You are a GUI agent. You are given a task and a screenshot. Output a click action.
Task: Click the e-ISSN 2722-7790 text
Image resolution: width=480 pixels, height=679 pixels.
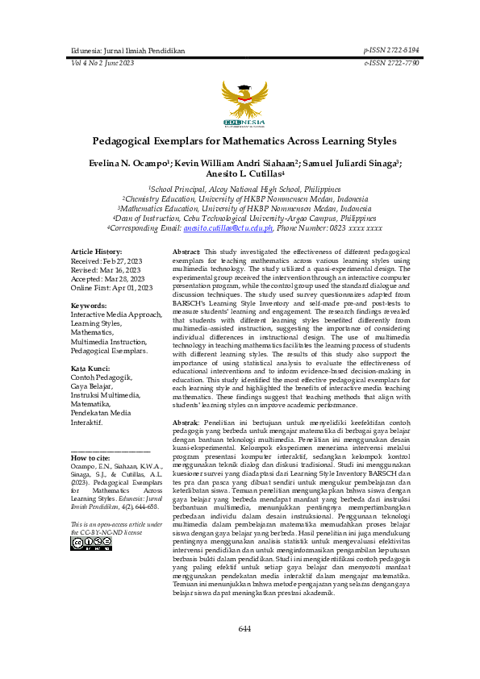pyautogui.click(x=391, y=62)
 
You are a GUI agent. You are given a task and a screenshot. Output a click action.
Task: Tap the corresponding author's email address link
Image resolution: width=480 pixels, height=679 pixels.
pyautogui.click(x=228, y=228)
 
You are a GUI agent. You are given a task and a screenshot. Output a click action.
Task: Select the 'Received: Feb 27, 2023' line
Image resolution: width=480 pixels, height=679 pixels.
pyautogui.click(x=106, y=261)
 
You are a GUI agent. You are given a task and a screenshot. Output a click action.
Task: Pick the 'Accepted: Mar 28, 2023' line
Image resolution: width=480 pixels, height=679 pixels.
pyautogui.click(x=106, y=279)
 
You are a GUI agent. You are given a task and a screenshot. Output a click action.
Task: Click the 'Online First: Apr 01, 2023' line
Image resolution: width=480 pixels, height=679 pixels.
pyautogui.click(x=111, y=288)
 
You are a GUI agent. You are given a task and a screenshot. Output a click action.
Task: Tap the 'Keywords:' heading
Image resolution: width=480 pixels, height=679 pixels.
pyautogui.click(x=90, y=306)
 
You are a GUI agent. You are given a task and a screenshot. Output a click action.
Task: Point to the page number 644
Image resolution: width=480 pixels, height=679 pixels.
pyautogui.click(x=244, y=629)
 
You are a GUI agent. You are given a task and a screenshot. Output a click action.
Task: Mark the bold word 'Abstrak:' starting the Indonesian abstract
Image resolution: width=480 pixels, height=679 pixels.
pyautogui.click(x=186, y=423)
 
